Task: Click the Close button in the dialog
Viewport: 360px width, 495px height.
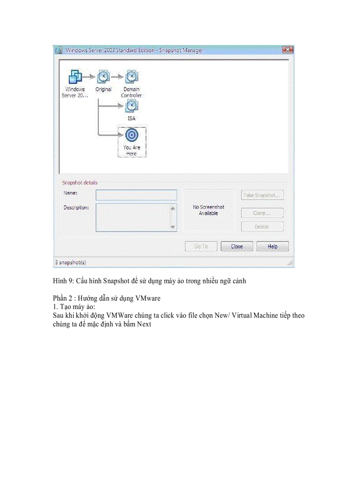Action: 237,246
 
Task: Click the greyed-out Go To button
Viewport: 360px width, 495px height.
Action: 201,246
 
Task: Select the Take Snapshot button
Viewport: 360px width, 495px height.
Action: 262,195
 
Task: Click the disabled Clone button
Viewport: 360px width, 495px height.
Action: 262,213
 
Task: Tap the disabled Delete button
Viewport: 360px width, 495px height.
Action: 262,227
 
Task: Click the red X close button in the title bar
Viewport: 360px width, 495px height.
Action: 288,50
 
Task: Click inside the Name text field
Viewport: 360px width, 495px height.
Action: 136,195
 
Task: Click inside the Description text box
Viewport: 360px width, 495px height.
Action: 132,217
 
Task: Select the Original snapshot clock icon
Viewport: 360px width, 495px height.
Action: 103,77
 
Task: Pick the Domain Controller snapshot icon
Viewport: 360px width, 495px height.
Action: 131,77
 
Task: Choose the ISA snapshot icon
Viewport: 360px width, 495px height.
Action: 131,106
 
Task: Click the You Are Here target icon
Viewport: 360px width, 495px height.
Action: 131,135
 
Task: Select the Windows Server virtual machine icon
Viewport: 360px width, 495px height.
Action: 75,77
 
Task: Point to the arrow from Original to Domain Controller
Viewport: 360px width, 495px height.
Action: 117,77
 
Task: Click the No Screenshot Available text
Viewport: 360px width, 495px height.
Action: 208,210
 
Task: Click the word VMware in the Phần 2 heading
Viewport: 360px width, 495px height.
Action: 148,298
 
